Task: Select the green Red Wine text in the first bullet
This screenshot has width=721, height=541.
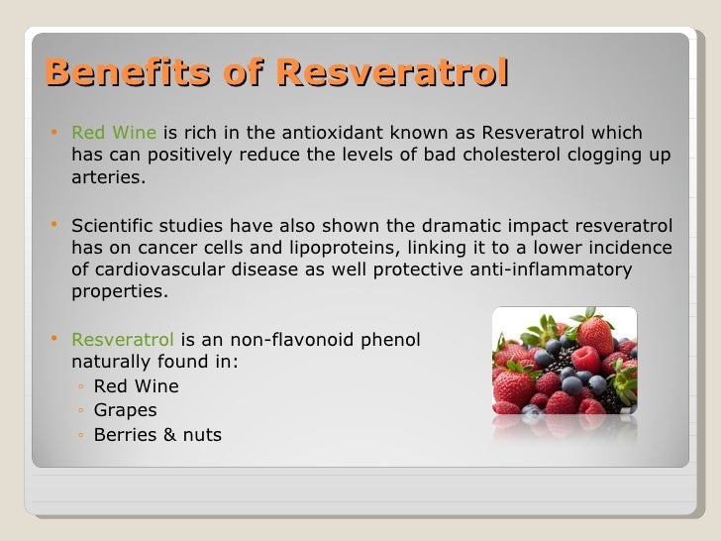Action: (x=114, y=134)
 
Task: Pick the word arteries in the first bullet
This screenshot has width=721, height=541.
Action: (x=109, y=178)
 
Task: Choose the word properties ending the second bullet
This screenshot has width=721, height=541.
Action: (x=120, y=292)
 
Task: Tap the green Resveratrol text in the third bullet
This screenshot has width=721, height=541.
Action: (x=120, y=339)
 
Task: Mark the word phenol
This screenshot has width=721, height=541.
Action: (x=391, y=339)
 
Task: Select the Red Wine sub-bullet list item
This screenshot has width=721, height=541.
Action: (x=136, y=385)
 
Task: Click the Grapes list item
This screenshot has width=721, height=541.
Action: (x=125, y=409)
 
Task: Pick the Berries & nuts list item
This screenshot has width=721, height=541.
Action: (x=157, y=434)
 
